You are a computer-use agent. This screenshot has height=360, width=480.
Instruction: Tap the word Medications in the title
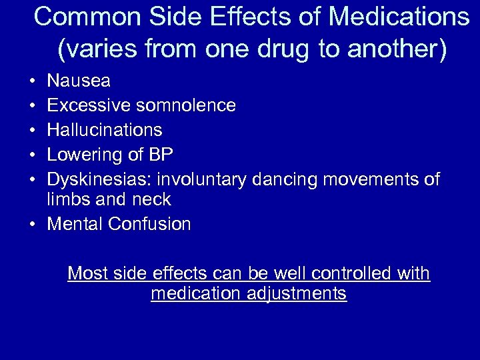(x=399, y=17)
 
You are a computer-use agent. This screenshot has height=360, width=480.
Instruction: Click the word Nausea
(x=79, y=81)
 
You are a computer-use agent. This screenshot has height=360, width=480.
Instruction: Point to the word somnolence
(x=186, y=105)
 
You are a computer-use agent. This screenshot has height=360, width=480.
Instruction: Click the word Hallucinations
(x=105, y=129)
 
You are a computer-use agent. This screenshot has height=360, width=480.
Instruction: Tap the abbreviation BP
(x=161, y=155)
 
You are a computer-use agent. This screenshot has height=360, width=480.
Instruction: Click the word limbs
(x=67, y=199)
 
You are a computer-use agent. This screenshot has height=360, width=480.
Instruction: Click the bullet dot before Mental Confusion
(x=33, y=225)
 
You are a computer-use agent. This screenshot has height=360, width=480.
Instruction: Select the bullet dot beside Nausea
(x=33, y=82)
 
